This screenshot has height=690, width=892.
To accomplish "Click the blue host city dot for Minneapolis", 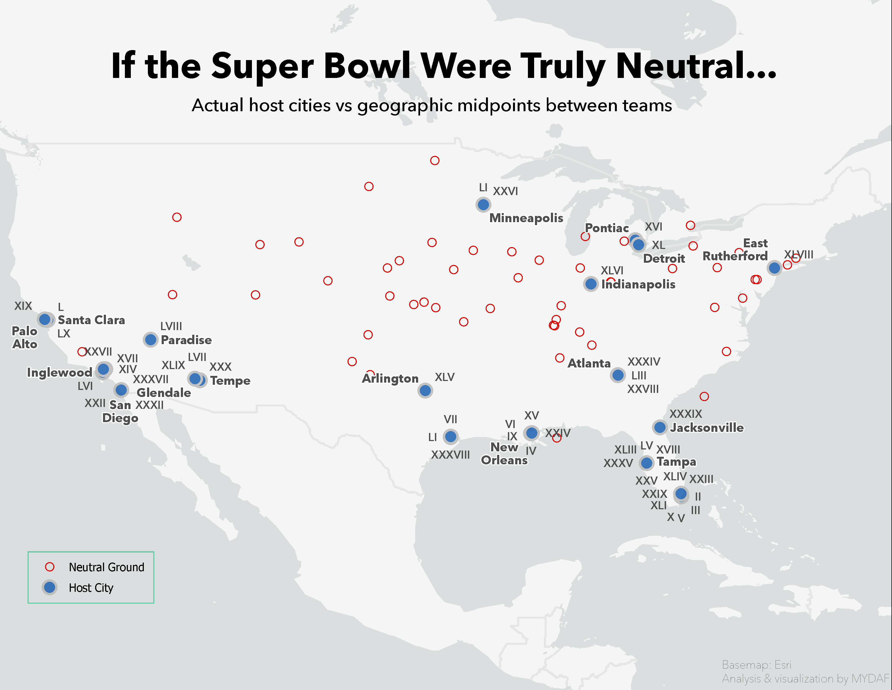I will coord(483,204).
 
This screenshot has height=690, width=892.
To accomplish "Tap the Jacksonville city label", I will coord(707,428).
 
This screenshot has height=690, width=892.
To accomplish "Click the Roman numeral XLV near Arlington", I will coord(444,377).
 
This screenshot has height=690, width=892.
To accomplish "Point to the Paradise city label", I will coord(186,340).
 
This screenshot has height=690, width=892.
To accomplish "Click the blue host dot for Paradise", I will coord(151,339).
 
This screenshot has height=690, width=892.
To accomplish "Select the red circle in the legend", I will coord(50,567).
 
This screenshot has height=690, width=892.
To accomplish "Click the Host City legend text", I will coord(91,588).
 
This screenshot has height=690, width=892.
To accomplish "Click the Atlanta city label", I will coord(589,363).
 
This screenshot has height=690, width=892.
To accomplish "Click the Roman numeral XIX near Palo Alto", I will coord(23,306).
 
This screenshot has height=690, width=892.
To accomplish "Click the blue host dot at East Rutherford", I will coord(774,268).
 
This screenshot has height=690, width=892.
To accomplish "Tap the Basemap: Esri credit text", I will coord(756,665).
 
